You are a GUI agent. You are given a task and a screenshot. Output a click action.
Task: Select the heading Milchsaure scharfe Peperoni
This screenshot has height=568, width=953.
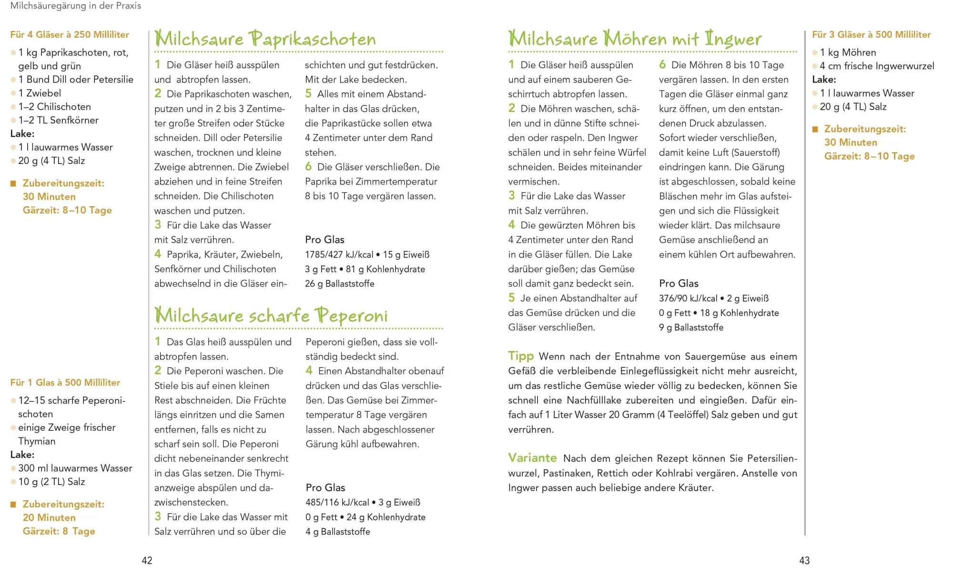[271, 316]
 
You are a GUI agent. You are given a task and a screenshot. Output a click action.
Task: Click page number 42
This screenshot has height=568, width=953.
[147, 560]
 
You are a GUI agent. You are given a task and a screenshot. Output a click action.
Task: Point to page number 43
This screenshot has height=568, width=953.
[804, 560]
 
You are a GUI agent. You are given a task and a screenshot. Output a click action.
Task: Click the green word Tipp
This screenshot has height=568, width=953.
[521, 356]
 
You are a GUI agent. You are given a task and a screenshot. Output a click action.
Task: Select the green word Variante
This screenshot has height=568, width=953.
[532, 458]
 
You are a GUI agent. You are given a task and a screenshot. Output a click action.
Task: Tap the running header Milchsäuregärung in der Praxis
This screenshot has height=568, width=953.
[76, 6]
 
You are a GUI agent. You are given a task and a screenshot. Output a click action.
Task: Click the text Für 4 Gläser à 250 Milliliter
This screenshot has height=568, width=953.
[70, 34]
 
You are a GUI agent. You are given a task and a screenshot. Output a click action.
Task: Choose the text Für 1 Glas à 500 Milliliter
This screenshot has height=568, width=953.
[65, 382]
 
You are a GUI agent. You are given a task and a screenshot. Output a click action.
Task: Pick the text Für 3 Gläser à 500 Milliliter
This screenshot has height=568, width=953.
[872, 34]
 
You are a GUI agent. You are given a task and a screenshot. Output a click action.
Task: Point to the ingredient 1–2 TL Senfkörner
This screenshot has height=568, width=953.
[58, 120]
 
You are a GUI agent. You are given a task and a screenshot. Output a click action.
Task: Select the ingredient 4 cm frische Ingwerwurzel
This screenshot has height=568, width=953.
[877, 66]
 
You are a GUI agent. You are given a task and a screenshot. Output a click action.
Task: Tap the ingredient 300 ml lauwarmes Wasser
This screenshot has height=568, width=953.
[75, 468]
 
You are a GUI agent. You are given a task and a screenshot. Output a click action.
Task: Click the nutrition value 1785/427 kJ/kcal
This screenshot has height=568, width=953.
[339, 255]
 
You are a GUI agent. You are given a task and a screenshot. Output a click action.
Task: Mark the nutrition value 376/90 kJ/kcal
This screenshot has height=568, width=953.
[688, 299]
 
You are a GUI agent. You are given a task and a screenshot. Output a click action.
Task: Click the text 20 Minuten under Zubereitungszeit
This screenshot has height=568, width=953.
[49, 517]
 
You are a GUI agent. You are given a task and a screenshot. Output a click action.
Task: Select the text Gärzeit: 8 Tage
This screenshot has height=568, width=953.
[59, 531]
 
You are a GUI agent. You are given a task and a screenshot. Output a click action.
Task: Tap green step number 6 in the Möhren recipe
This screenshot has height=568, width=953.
[662, 64]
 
